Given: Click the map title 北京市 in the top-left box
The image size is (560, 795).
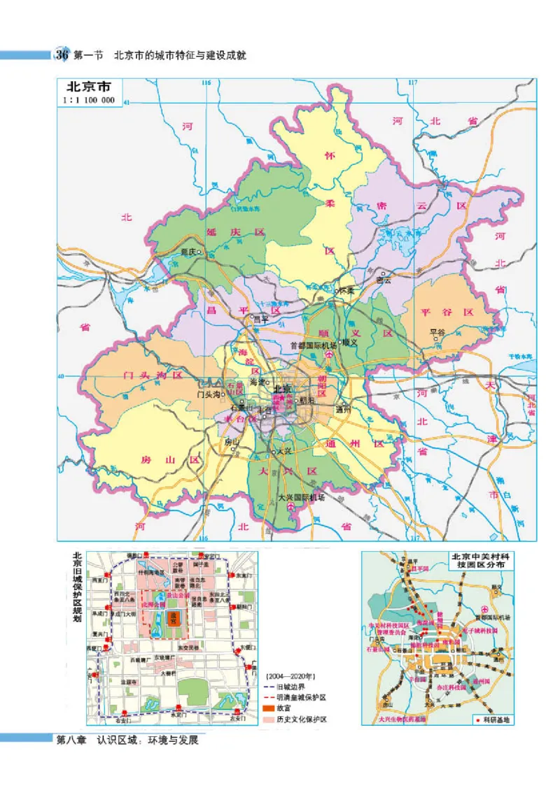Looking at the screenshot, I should (88, 88).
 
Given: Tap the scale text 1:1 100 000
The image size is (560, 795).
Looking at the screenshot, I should (89, 100).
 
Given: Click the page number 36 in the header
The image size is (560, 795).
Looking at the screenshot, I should (62, 55).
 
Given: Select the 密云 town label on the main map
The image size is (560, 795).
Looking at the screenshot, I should (384, 280).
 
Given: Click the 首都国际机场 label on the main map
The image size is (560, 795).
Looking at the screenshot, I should (314, 345).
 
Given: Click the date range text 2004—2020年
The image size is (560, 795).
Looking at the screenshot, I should (291, 675).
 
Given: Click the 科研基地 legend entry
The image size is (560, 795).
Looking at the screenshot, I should (498, 719).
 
